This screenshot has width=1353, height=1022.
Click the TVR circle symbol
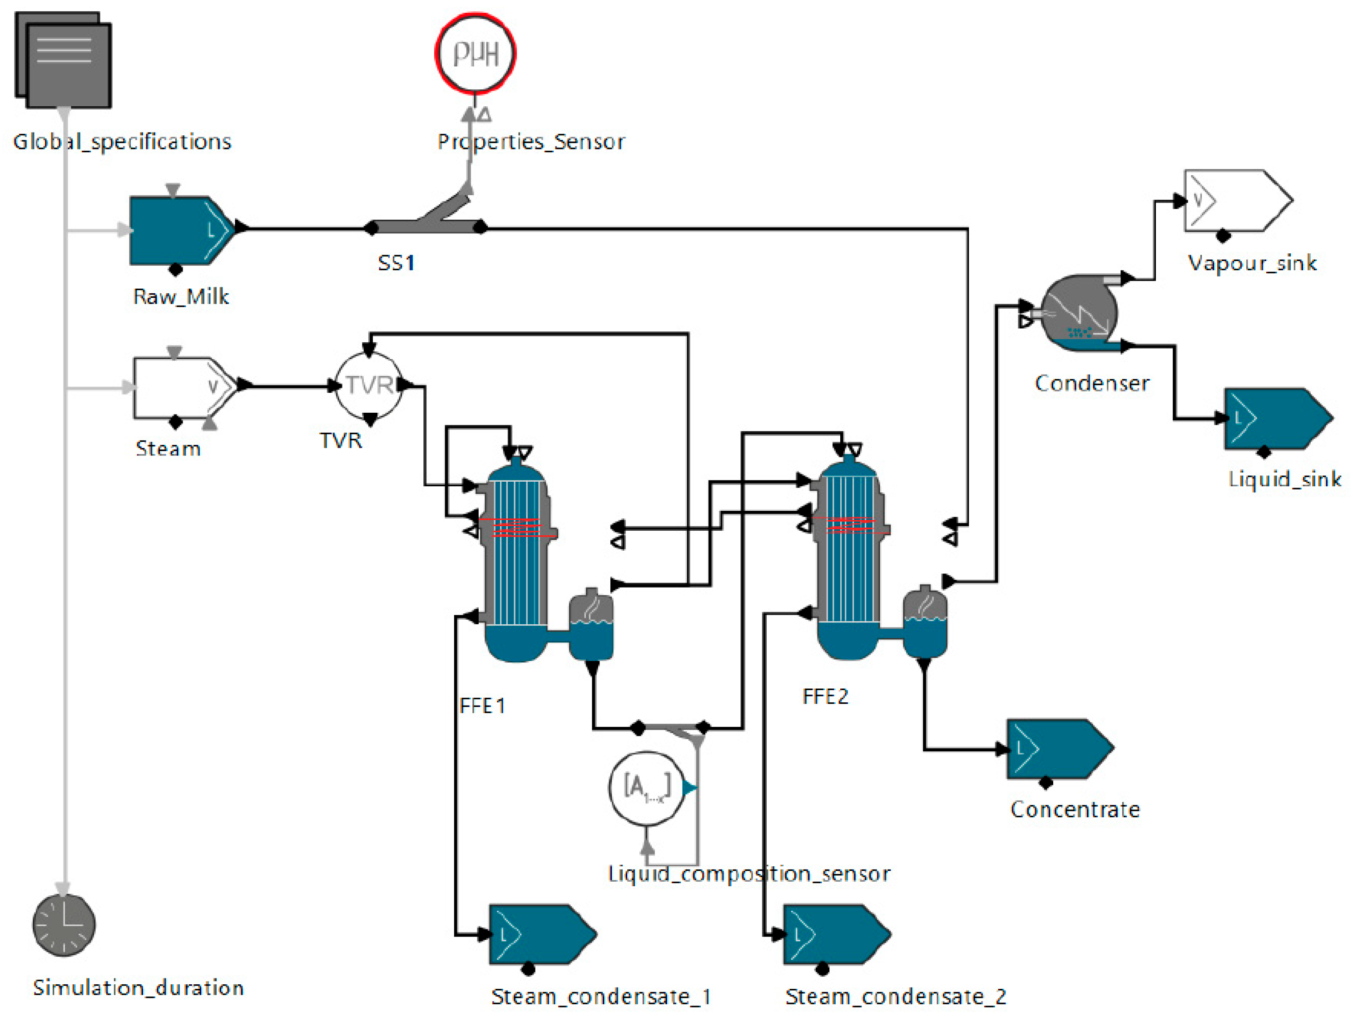click(x=369, y=385)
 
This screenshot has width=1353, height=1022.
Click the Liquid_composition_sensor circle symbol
click(x=647, y=788)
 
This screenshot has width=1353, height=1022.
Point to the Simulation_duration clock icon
click(x=64, y=925)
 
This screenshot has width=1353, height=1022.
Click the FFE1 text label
click(x=482, y=706)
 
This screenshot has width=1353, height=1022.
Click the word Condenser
click(x=1092, y=384)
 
